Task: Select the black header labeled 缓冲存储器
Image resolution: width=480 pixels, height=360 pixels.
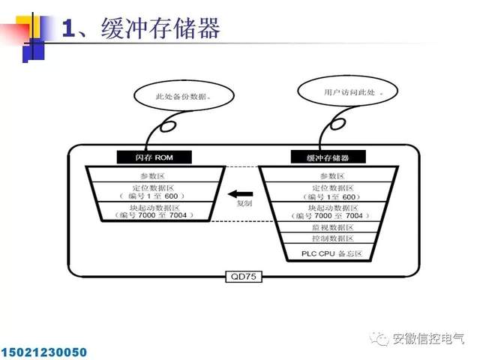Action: click(328, 157)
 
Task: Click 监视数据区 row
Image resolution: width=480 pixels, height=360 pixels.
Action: click(328, 227)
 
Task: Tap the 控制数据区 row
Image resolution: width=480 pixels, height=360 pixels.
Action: click(328, 238)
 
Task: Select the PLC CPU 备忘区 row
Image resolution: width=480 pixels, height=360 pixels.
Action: click(328, 253)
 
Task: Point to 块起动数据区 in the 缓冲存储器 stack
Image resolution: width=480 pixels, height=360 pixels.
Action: click(328, 210)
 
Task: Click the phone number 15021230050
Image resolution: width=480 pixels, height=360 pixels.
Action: click(44, 351)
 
